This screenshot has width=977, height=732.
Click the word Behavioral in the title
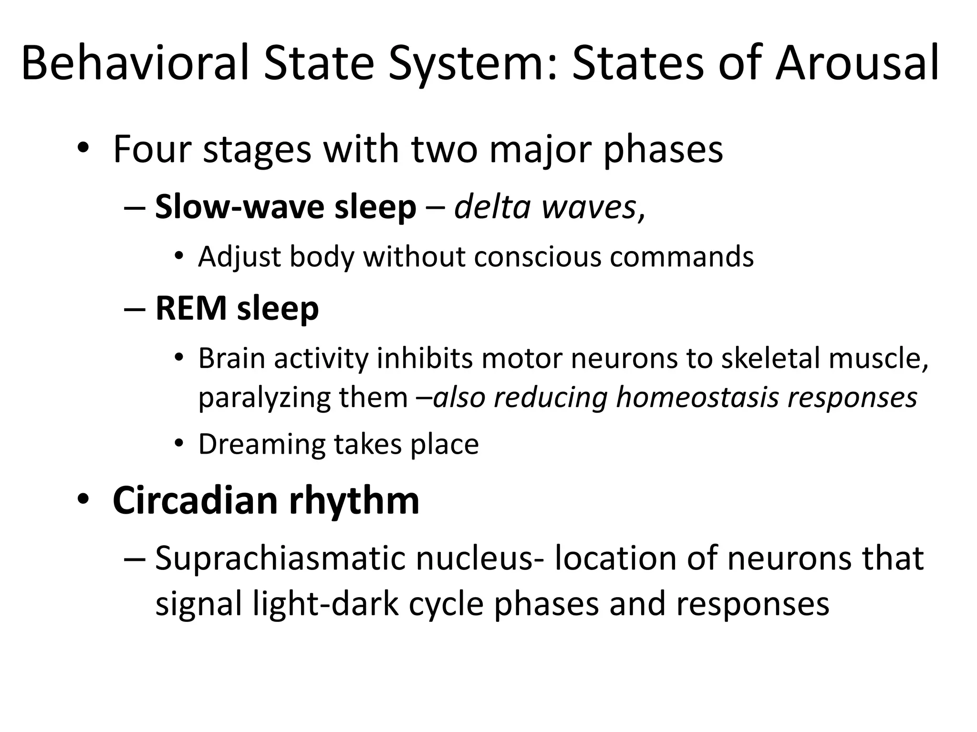pyautogui.click(x=135, y=62)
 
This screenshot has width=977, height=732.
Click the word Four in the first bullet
pyautogui.click(x=151, y=149)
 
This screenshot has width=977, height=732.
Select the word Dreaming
pyautogui.click(x=261, y=445)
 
